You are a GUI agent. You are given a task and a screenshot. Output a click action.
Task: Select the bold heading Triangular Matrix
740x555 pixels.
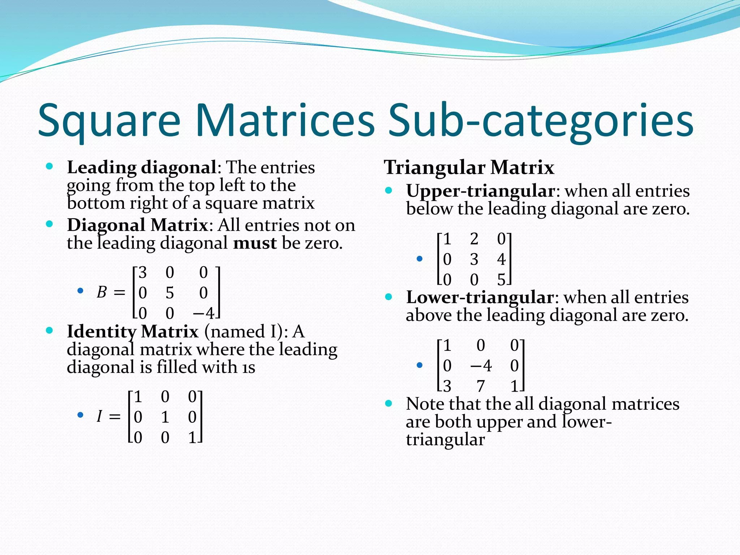(x=469, y=167)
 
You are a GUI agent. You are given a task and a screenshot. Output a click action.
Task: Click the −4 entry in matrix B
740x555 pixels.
(x=204, y=313)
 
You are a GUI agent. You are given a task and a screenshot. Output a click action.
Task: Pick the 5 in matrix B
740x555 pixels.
(x=170, y=293)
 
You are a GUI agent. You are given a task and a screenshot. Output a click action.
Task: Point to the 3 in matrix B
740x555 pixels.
(x=143, y=272)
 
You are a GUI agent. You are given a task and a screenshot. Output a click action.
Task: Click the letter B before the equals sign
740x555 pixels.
(x=102, y=292)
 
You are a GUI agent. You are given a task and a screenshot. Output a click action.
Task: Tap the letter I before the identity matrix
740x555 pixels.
(x=99, y=417)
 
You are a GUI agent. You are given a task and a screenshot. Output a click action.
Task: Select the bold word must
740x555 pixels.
(x=255, y=243)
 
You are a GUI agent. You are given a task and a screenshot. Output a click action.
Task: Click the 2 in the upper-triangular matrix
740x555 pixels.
(x=474, y=239)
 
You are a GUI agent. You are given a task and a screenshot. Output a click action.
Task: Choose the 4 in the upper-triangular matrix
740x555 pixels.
(x=501, y=259)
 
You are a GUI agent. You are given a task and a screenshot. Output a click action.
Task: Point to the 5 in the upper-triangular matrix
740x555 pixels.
(x=501, y=280)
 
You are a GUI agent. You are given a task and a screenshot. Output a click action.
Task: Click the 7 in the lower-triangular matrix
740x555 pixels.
(x=481, y=386)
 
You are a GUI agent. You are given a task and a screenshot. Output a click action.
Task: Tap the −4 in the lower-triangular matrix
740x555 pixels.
(x=481, y=366)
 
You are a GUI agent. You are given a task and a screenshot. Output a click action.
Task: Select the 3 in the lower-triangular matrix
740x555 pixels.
(x=447, y=386)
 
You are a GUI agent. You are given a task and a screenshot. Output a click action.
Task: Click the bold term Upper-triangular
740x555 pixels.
(x=481, y=191)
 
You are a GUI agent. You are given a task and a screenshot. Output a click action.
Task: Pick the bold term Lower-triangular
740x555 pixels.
(x=480, y=297)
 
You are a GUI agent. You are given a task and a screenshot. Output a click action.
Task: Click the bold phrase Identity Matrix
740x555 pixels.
(x=133, y=331)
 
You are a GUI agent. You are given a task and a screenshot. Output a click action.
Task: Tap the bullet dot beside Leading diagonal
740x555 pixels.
(x=50, y=167)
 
